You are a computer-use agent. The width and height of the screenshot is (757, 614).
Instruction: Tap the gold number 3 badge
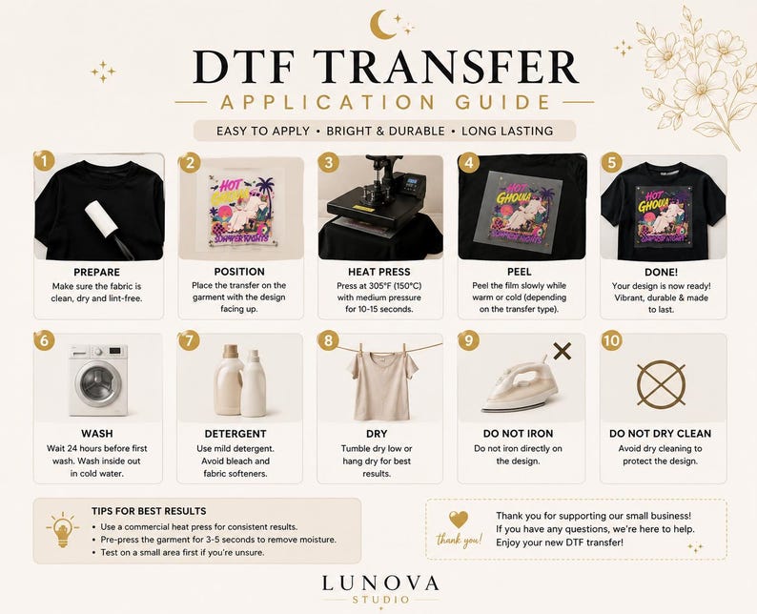coord(329,163)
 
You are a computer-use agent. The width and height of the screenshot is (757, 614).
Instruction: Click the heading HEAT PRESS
coord(379,272)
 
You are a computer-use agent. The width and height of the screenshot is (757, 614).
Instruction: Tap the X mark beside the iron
coord(562,351)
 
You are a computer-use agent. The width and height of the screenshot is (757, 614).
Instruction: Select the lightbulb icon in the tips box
coord(63,529)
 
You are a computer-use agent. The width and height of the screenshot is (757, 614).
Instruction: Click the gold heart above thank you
coord(459,520)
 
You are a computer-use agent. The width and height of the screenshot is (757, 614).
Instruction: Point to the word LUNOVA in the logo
coord(380,583)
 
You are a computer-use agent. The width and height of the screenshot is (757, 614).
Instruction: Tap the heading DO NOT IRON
coord(518,434)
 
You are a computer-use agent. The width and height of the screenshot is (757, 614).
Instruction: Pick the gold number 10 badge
coord(611,340)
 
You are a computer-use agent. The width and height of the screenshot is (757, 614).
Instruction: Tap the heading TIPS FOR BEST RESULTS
coord(149,511)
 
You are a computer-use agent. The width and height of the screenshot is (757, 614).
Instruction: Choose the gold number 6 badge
coord(44,340)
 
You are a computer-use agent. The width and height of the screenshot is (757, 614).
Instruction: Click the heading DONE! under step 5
coord(661,273)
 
